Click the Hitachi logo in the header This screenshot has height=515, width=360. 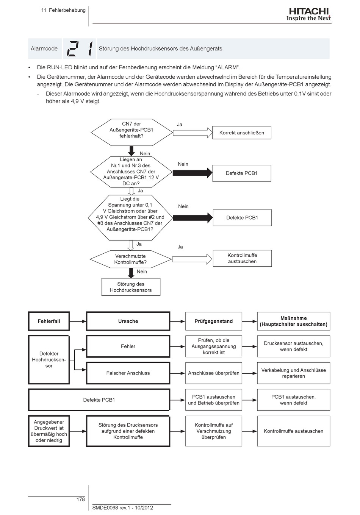[x=308, y=14]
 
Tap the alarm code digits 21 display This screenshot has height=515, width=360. [x=80, y=48]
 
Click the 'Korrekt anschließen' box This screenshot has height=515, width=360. [x=241, y=133]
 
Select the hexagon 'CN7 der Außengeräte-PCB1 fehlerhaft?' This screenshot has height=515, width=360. [x=131, y=133]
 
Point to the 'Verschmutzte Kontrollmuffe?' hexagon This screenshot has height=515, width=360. [x=131, y=259]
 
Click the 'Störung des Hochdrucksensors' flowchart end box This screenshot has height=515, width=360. [x=131, y=287]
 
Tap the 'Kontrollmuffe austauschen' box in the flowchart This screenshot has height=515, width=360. [x=242, y=258]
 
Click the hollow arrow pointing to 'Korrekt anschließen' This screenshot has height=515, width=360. [x=193, y=133]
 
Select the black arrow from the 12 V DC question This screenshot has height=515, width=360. [x=193, y=173]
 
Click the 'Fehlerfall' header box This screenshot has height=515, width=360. [x=49, y=321]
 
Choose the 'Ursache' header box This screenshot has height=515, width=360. [x=128, y=321]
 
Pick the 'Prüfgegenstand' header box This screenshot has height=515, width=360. [x=214, y=321]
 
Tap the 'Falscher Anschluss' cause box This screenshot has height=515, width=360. [x=128, y=373]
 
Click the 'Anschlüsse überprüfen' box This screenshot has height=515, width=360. [x=214, y=373]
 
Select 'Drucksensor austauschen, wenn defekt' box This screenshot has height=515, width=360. [x=294, y=346]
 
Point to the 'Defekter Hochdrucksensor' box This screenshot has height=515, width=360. [x=49, y=360]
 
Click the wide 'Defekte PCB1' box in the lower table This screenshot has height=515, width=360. [x=99, y=400]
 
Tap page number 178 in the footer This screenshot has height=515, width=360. [x=80, y=499]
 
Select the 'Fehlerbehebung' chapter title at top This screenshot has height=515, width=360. [x=67, y=10]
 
